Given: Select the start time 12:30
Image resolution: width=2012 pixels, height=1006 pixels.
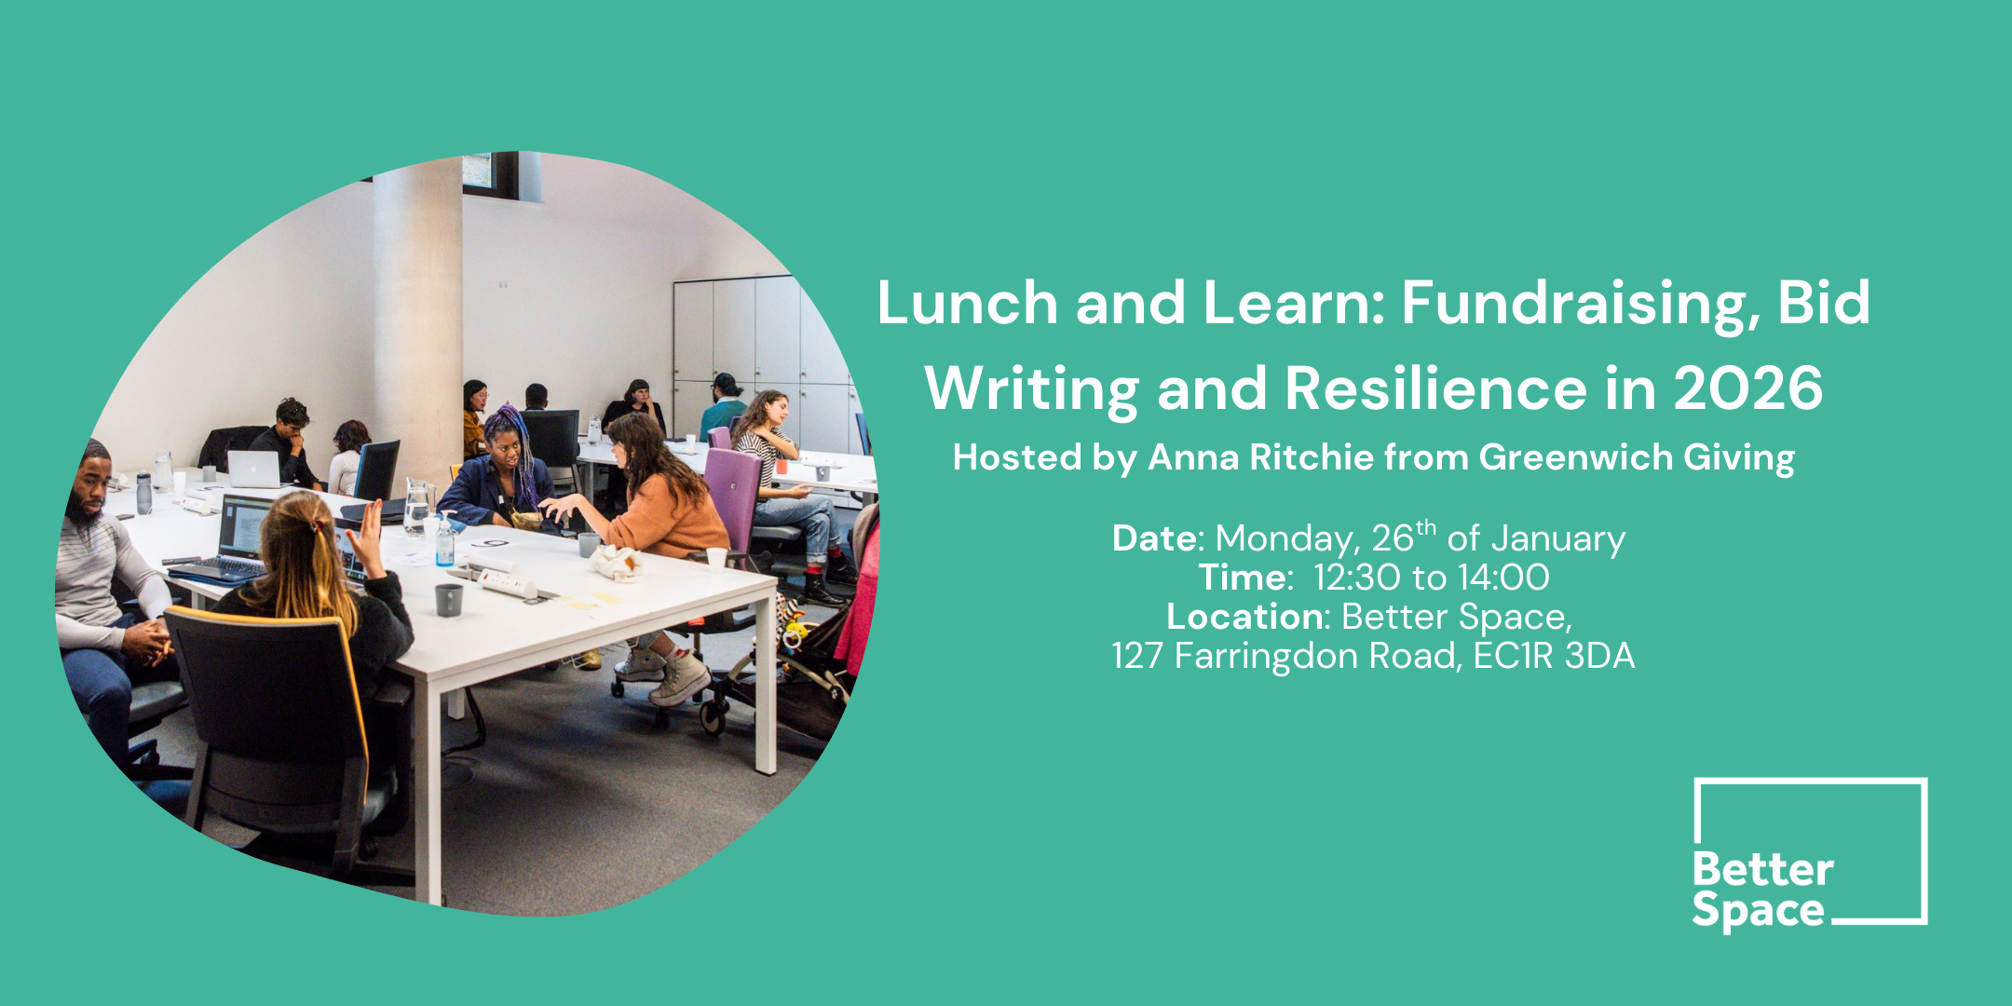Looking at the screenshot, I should tap(1356, 578).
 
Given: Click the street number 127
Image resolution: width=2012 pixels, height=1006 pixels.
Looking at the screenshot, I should tap(1136, 657).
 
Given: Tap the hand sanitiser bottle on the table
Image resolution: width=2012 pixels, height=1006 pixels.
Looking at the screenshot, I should tap(445, 544).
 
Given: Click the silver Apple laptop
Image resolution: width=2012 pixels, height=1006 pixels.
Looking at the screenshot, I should tap(254, 469).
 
